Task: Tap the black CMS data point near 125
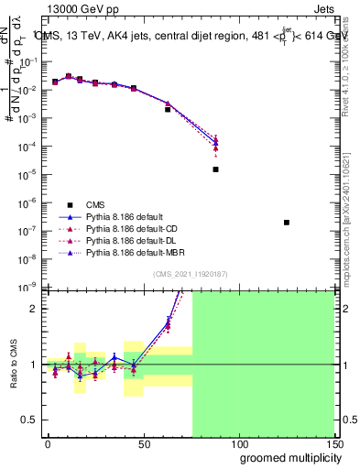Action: pos(287,223)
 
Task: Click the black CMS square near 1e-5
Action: pos(215,169)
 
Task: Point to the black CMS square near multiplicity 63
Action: pos(168,109)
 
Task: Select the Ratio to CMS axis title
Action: pos(13,365)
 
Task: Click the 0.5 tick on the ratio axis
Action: pos(28,420)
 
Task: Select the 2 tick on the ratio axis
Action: pos(34,309)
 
